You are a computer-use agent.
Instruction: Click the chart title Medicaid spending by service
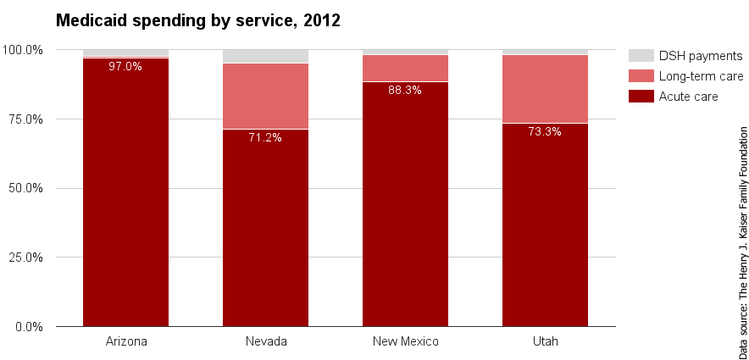(x=197, y=20)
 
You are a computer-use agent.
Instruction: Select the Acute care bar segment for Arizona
(x=125, y=195)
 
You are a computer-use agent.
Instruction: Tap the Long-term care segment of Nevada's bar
(x=265, y=96)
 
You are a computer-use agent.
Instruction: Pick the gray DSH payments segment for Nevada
(x=265, y=56)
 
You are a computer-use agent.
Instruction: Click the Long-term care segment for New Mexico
(x=405, y=68)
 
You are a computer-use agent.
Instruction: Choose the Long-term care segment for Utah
(x=545, y=89)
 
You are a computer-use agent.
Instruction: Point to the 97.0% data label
(x=125, y=66)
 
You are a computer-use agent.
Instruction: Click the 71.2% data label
(x=265, y=137)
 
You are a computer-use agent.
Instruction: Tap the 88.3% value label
(x=405, y=90)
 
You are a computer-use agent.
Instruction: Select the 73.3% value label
(x=545, y=131)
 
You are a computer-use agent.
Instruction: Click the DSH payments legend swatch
(x=641, y=55)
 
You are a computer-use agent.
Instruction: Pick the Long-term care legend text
(x=701, y=76)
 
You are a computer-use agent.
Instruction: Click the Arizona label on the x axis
(x=125, y=341)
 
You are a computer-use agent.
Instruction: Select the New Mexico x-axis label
(x=405, y=341)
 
